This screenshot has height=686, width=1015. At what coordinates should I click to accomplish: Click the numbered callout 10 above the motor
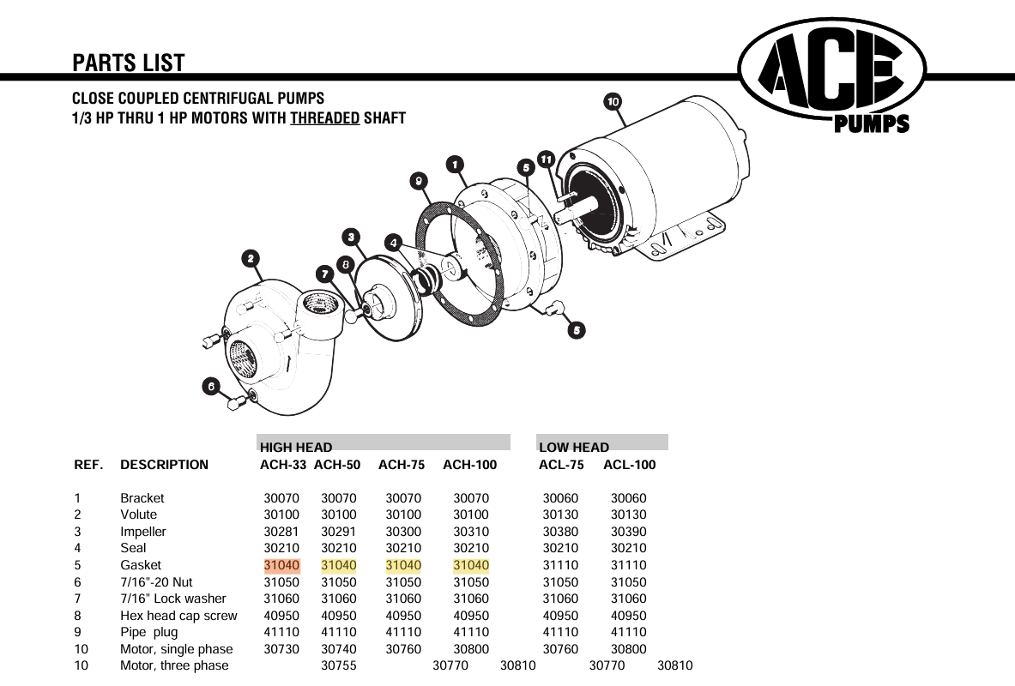coord(613,102)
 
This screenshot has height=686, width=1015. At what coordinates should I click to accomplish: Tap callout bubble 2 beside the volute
coord(250,258)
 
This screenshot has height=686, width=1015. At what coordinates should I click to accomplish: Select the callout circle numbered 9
coord(418,180)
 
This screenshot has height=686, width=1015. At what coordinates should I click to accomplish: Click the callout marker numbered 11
coord(547,159)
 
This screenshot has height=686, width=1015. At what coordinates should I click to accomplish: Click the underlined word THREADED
coord(324,118)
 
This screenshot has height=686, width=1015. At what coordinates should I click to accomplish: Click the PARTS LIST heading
coord(129,63)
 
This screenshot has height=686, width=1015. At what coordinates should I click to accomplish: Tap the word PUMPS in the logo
coord(871,125)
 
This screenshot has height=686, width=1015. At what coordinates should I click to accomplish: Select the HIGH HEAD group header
coord(296,447)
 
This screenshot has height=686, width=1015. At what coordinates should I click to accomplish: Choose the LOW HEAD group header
coord(573,447)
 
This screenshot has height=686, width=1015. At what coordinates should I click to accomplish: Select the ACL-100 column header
coord(629,465)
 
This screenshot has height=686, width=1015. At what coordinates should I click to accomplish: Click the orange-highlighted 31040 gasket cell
coord(281,565)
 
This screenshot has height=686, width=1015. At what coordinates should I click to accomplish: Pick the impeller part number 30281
coord(281,532)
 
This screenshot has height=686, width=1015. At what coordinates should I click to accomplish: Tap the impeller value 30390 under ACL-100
coord(628,532)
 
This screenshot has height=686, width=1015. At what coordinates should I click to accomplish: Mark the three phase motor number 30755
coord(339,665)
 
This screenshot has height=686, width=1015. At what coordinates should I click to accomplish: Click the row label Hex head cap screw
coord(178,616)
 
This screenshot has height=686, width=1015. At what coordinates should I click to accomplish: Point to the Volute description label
coord(139,514)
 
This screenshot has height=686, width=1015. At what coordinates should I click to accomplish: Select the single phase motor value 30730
coord(281,649)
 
